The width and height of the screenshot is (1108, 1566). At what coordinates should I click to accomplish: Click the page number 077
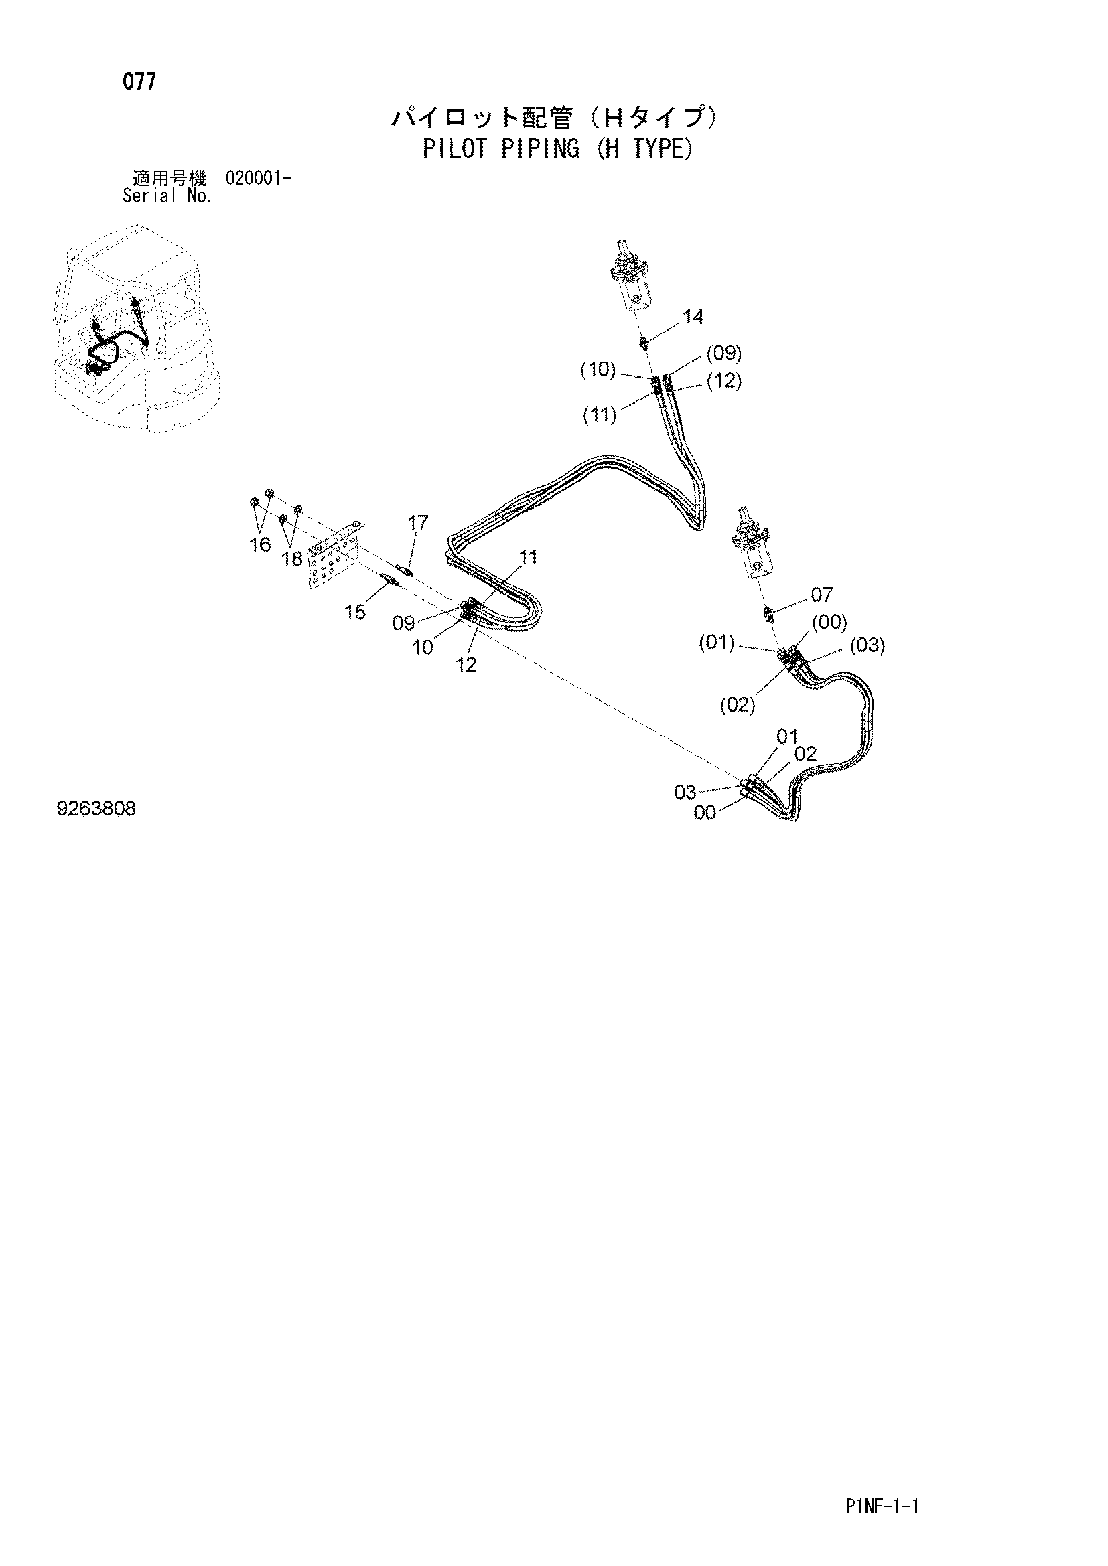tap(139, 82)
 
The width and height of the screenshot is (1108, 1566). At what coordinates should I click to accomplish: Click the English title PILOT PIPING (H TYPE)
tap(557, 149)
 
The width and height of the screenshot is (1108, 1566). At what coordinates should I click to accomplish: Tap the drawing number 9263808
tap(96, 809)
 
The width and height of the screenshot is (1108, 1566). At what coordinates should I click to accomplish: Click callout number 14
tap(693, 317)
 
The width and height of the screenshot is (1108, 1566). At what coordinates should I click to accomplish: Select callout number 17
tap(417, 522)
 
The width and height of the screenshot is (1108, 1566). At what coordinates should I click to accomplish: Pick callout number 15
tap(355, 612)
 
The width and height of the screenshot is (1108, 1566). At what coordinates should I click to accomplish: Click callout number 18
tap(292, 558)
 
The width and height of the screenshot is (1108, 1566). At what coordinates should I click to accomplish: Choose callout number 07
tap(822, 595)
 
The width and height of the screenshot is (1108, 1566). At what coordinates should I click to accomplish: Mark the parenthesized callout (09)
tap(724, 353)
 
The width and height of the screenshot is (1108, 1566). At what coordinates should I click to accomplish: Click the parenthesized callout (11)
tap(600, 414)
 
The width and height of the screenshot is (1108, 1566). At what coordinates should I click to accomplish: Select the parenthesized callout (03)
tap(868, 645)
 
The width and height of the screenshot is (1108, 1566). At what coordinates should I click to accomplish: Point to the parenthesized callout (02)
tap(738, 704)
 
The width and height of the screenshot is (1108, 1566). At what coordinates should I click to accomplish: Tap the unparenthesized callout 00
tap(705, 813)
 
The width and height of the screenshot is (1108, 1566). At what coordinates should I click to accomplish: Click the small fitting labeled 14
tap(644, 342)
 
